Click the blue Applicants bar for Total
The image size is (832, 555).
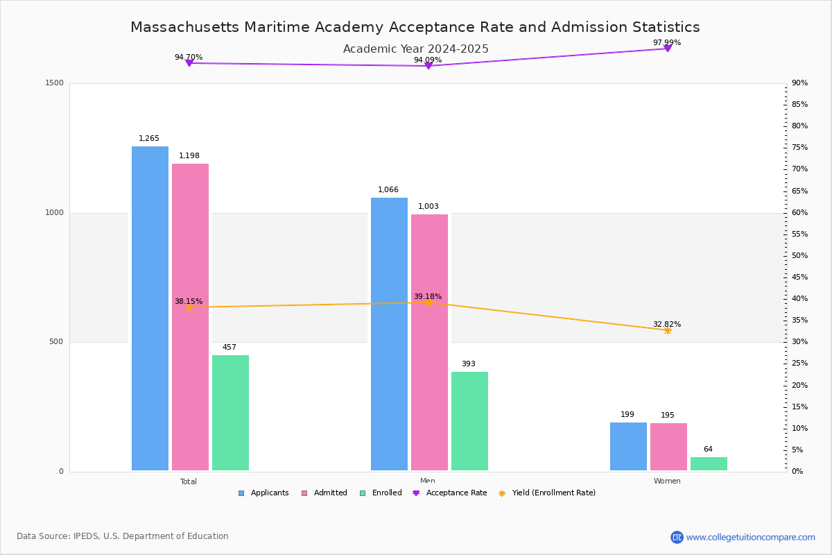coord(150,309)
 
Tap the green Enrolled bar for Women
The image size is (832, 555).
coord(709,463)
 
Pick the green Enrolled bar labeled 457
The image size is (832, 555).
coord(230,413)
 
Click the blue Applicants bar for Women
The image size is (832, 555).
coord(628,446)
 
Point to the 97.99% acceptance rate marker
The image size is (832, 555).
coord(667,49)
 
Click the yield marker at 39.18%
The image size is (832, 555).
coord(428,302)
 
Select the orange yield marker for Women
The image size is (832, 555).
coord(667,330)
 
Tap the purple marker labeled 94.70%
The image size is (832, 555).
coord(189,63)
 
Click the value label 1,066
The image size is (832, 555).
coord(388,189)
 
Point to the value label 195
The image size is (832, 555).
coord(667,416)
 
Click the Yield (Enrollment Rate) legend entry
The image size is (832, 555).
coord(553,493)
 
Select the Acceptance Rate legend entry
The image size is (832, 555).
coord(456,493)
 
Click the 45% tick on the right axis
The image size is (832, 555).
coord(799,277)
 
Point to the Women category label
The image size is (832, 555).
coord(667,481)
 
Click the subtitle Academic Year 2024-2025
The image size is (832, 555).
coord(415,49)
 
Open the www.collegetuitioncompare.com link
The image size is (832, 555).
coord(750,537)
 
